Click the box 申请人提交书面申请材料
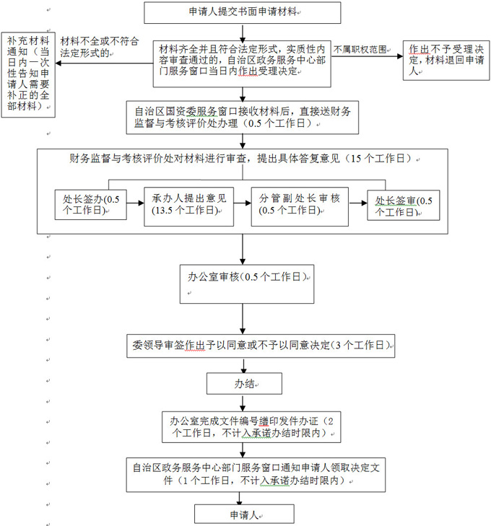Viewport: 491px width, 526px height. click(x=243, y=13)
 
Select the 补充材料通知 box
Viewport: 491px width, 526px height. click(x=28, y=74)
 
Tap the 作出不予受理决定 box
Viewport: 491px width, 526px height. click(x=446, y=61)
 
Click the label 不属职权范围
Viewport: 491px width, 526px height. click(x=360, y=50)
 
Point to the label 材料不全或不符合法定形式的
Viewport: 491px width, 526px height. click(x=100, y=47)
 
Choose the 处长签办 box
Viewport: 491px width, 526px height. click(x=90, y=205)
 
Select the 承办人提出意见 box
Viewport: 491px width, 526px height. click(x=188, y=206)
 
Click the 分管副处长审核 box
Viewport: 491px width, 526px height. click(x=300, y=206)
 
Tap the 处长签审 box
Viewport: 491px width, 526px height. click(x=404, y=206)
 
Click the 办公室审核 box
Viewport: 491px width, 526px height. click(x=247, y=284)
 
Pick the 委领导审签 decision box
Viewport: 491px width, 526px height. click(x=261, y=346)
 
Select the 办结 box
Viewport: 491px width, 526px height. click(x=244, y=383)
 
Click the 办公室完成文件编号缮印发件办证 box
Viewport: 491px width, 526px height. click(x=251, y=427)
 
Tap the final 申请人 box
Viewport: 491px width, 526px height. click(x=244, y=514)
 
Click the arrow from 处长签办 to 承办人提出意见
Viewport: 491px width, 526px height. click(x=135, y=203)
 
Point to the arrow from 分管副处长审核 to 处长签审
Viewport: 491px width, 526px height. click(x=358, y=203)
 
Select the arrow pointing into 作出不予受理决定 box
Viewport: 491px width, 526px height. click(x=367, y=56)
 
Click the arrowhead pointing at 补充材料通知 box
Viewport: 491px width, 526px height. click(x=58, y=63)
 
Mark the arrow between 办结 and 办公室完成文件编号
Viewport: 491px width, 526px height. click(x=243, y=403)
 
